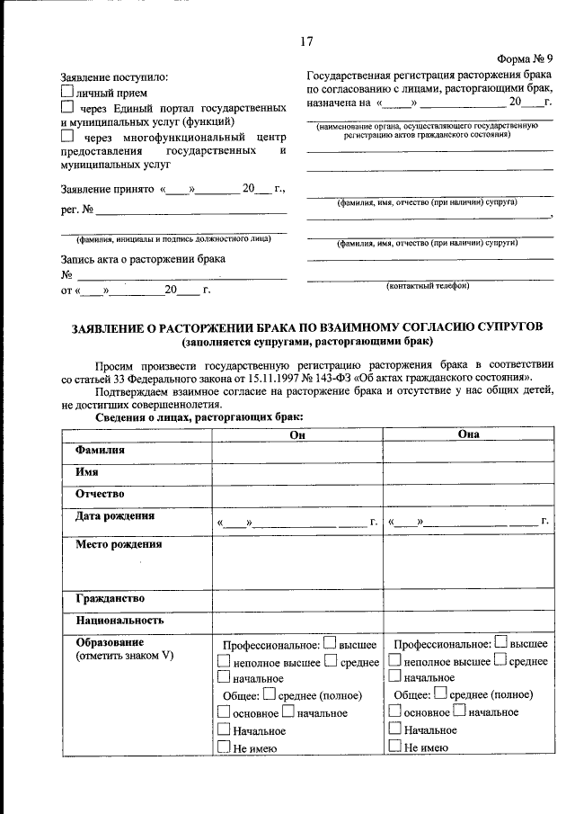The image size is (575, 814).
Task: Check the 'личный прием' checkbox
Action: click(66, 92)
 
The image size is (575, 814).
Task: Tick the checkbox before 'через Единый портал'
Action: click(66, 107)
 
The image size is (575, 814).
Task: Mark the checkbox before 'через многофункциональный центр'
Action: click(66, 136)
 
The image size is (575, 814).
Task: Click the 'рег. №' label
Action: click(76, 211)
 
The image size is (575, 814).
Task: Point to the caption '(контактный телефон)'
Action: click(428, 286)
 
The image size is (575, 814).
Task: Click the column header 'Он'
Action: click(297, 434)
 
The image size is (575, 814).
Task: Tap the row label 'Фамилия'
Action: click(100, 450)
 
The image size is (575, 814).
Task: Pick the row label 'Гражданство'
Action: click(110, 598)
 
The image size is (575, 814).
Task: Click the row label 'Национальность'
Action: click(119, 621)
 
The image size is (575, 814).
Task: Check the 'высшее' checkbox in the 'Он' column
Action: click(329, 643)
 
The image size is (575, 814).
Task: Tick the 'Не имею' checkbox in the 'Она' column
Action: click(394, 746)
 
